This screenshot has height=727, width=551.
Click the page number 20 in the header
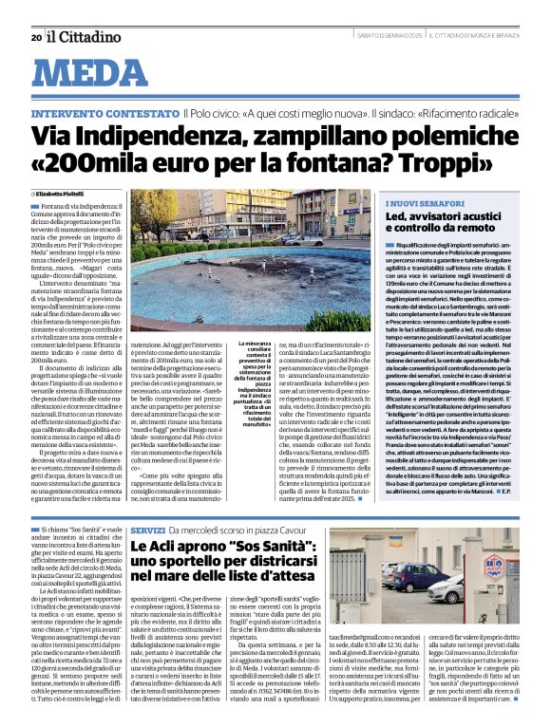point(35,37)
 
